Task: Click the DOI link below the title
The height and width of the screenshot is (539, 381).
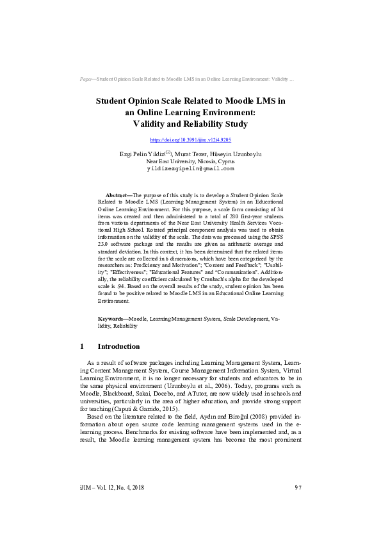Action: click(190, 140)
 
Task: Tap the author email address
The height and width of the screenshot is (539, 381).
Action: click(190, 169)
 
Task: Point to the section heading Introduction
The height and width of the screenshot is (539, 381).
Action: click(118, 346)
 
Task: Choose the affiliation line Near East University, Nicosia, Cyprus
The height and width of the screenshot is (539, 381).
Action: click(190, 161)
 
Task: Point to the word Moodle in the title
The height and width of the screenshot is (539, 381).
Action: click(236, 101)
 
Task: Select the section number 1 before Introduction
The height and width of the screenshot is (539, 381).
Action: click(82, 346)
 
